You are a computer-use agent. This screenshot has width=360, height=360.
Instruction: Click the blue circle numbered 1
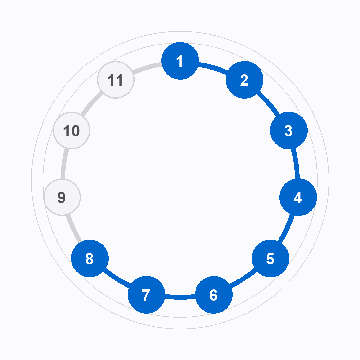pyautogui.click(x=180, y=61)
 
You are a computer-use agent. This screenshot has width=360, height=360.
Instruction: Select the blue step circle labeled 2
pyautogui.click(x=244, y=80)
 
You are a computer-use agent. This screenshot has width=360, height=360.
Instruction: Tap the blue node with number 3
pyautogui.click(x=289, y=130)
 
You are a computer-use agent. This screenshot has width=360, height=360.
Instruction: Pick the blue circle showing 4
pyautogui.click(x=298, y=197)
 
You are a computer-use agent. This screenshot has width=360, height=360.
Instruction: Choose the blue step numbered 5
pyautogui.click(x=270, y=258)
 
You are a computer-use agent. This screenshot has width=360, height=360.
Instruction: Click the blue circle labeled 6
pyautogui.click(x=214, y=295)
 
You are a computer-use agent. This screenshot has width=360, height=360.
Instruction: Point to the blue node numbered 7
pyautogui.click(x=147, y=295)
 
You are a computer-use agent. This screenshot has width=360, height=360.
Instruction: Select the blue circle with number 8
pyautogui.click(x=90, y=258)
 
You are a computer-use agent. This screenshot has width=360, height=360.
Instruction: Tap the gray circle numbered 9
pyautogui.click(x=62, y=197)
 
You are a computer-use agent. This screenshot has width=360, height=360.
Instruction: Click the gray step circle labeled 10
pyautogui.click(x=71, y=130)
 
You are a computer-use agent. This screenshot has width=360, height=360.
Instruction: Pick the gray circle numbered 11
pyautogui.click(x=116, y=80)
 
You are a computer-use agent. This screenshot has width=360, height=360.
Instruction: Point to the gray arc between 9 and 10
pyautogui.click(x=64, y=163)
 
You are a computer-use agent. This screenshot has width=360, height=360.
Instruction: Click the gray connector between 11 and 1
pyautogui.click(x=147, y=67)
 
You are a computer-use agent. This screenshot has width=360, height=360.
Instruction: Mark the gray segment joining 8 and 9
pyautogui.click(x=73, y=228)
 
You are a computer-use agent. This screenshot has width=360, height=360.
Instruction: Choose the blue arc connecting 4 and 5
pyautogui.click(x=287, y=228)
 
